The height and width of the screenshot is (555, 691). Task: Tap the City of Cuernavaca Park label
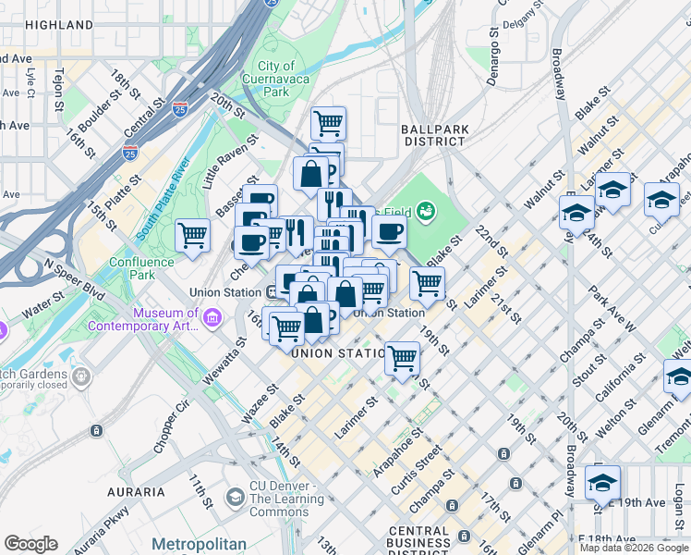(x=276, y=79)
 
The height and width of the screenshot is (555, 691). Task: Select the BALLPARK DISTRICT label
(x=433, y=135)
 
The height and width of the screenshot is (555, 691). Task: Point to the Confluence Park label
(x=141, y=268)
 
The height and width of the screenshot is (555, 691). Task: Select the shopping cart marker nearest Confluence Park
(x=192, y=236)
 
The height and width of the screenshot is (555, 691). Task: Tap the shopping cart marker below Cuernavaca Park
(x=328, y=121)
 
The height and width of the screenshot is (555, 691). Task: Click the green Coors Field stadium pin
(x=426, y=212)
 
